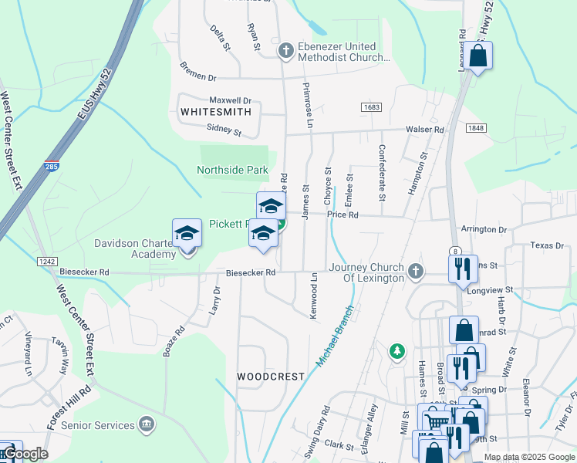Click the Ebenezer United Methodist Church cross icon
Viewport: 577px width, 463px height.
285,51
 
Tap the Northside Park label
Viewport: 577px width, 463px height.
232,170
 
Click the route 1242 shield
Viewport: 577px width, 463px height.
46,262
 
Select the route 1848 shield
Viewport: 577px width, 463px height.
477,128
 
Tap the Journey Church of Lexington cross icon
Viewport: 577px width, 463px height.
416,269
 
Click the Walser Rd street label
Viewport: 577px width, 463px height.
427,130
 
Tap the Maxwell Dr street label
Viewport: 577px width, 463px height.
231,100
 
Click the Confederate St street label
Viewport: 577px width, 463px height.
381,167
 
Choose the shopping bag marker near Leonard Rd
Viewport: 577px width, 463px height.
478,56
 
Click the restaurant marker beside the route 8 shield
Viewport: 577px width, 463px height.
463,269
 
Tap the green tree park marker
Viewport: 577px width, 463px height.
397,352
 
